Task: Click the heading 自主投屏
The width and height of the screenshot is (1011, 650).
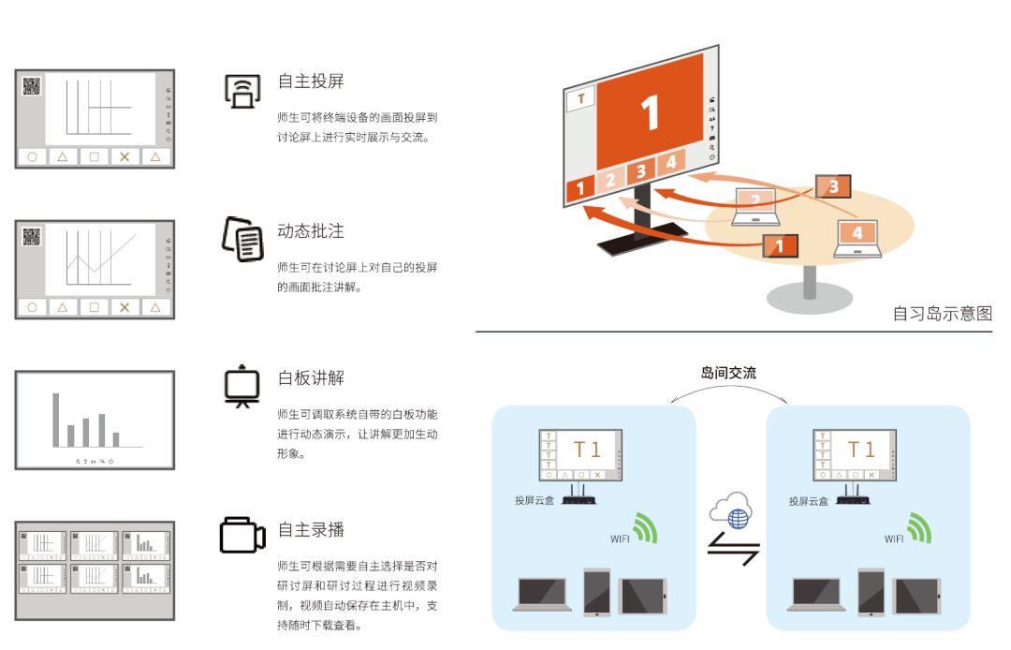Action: (x=311, y=81)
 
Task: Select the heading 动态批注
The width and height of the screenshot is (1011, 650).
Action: (x=311, y=230)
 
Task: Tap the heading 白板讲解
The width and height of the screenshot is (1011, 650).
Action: (x=311, y=377)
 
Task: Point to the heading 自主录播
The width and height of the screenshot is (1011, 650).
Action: (x=311, y=529)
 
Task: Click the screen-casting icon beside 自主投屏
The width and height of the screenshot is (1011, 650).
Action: (x=242, y=91)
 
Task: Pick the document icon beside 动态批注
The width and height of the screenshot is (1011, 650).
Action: (x=242, y=239)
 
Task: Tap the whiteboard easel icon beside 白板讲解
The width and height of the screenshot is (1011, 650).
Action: (x=242, y=386)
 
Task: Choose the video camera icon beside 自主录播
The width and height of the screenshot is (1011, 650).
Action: (x=242, y=535)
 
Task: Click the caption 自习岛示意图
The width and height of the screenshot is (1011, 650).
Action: (x=942, y=314)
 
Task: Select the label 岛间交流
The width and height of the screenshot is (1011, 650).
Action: (x=728, y=373)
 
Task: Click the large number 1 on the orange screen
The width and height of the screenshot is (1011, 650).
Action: (x=650, y=112)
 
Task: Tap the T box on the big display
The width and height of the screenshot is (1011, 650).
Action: (x=581, y=99)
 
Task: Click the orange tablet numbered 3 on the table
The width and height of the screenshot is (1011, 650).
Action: (x=833, y=186)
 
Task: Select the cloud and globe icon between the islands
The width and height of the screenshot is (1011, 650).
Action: (x=732, y=510)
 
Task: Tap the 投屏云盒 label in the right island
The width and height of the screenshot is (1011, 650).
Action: (x=809, y=501)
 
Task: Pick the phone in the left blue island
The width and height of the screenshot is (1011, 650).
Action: (x=596, y=591)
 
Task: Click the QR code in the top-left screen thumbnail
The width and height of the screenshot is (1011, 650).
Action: (x=32, y=86)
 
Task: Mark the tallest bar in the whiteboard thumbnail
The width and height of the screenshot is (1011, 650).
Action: (x=56, y=420)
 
